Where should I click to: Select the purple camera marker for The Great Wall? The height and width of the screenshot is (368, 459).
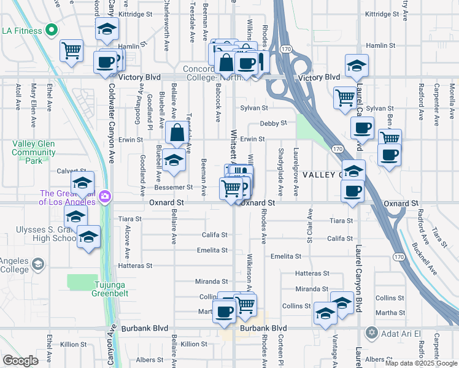(x=105, y=196)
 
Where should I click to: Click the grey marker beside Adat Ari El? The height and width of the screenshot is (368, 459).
(x=370, y=333)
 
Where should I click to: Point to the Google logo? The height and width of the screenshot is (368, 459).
(x=20, y=361)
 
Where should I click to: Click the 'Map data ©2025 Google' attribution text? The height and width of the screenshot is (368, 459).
(x=421, y=363)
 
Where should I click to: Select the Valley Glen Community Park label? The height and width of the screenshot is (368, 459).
(x=34, y=151)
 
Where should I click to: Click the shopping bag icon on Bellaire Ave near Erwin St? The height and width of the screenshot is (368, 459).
(x=177, y=132)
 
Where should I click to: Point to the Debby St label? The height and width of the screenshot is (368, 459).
(x=273, y=123)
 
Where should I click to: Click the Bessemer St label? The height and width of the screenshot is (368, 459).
(x=177, y=187)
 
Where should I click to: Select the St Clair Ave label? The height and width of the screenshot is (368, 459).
(x=310, y=229)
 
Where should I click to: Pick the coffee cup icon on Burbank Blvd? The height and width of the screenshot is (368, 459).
(x=224, y=311)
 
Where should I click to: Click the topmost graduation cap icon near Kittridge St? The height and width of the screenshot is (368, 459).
(x=107, y=29)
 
